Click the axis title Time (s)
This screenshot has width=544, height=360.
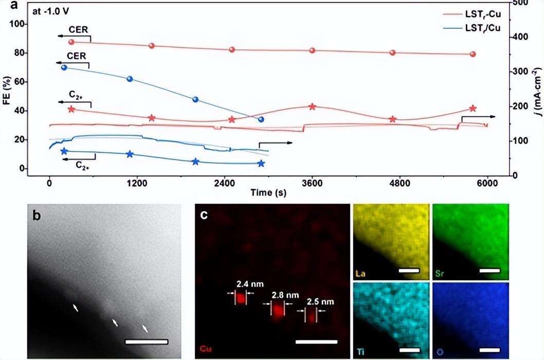coord(268,193)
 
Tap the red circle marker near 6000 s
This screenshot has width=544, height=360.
coord(473,54)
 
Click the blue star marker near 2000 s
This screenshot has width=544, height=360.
coord(195,161)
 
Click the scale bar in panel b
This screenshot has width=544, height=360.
coord(147,341)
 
